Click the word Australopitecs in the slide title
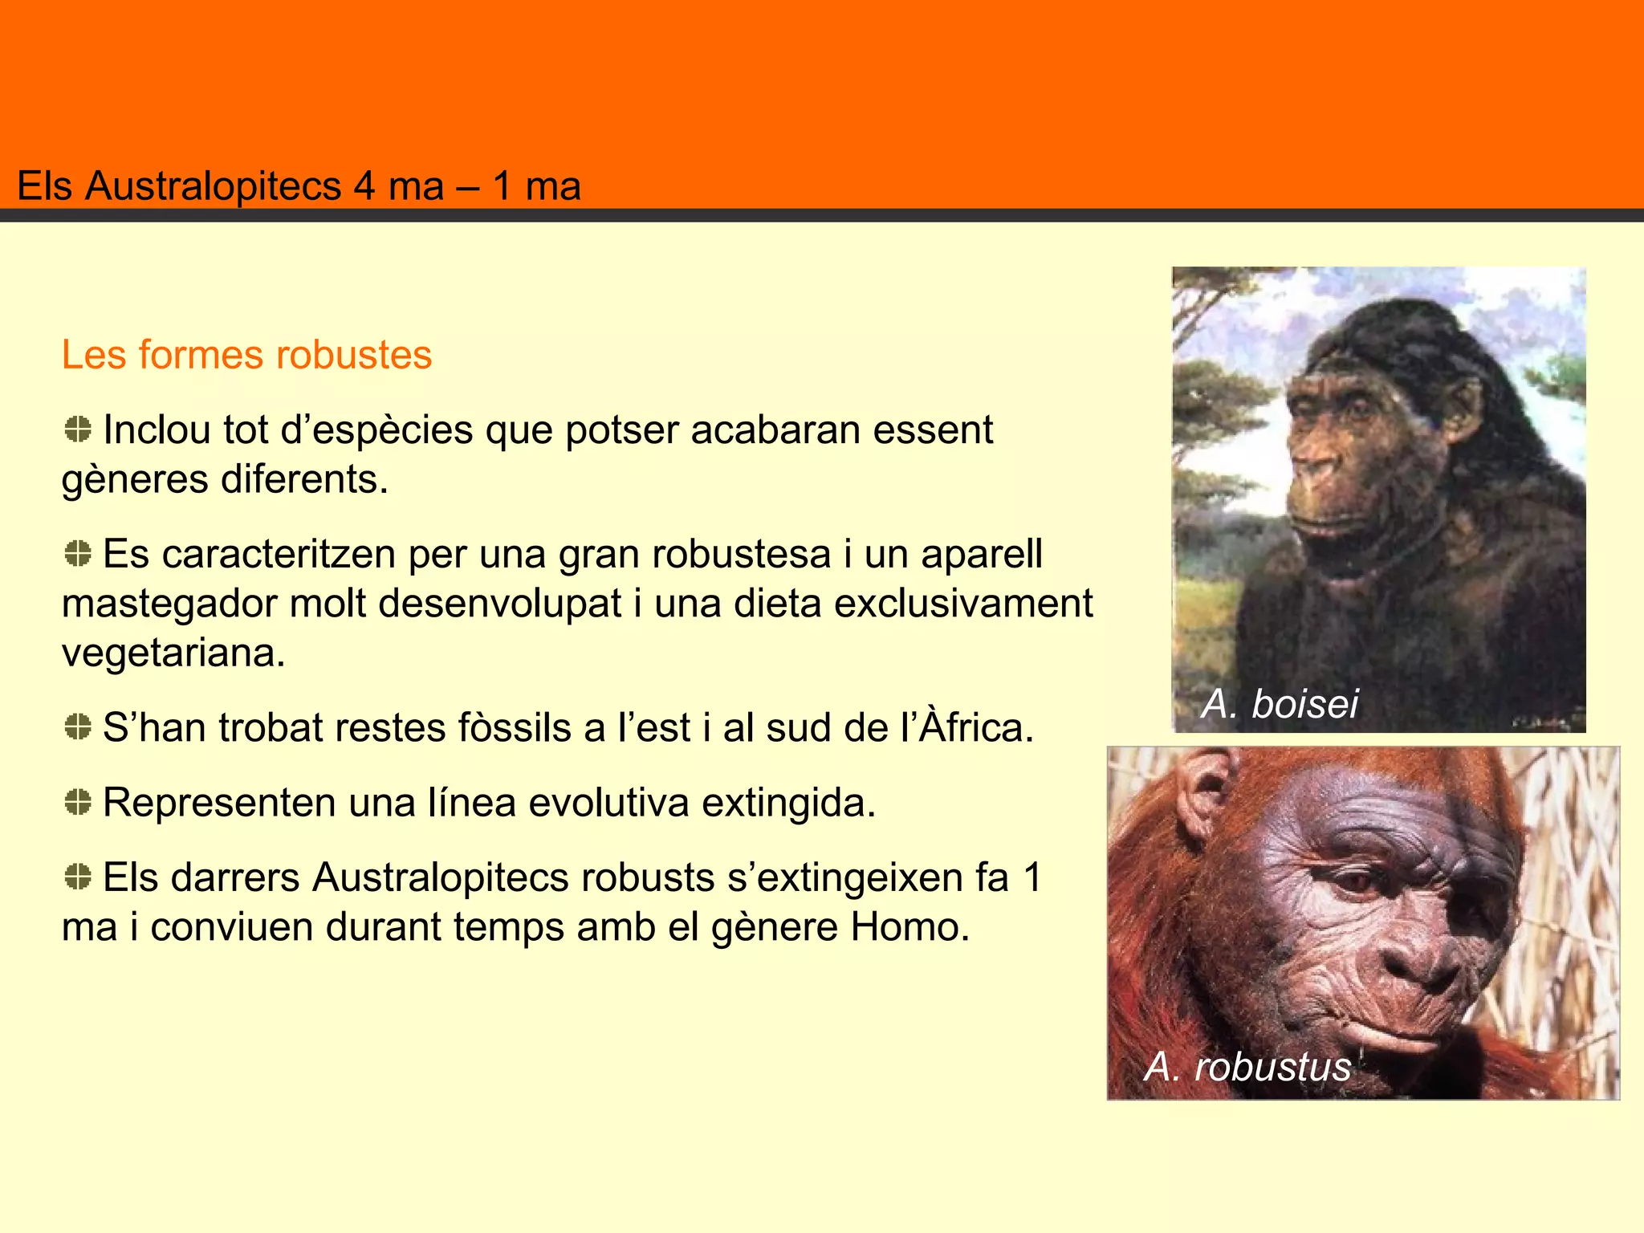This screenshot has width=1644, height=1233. point(214,186)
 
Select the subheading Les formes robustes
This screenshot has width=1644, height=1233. point(246,355)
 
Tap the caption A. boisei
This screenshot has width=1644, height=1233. point(1280,704)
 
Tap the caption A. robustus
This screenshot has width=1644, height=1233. point(1247,1067)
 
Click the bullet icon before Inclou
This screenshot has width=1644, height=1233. point(78,429)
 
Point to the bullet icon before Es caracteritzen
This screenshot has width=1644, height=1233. point(78,554)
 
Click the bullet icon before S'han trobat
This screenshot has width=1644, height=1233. point(78,727)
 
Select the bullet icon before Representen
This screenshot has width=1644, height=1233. point(78,802)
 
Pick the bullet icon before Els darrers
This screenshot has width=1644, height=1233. point(78,877)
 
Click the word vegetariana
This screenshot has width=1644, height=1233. point(173,653)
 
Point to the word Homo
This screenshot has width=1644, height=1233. point(910,927)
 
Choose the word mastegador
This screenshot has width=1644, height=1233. point(169,604)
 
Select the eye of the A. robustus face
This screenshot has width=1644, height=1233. point(1357,882)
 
